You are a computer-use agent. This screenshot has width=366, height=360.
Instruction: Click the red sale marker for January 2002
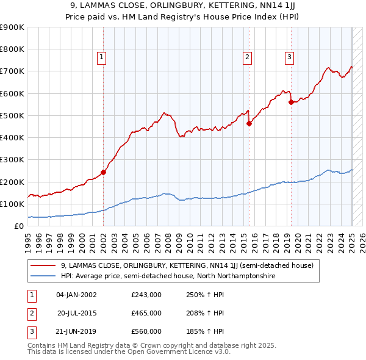[103, 172]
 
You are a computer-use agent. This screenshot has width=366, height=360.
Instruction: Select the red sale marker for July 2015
[249, 123]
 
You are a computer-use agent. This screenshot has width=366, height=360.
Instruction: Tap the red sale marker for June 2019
[291, 103]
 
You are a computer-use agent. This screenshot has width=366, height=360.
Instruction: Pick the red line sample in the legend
[43, 265]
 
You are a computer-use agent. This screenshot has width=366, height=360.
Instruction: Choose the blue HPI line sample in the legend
[43, 276]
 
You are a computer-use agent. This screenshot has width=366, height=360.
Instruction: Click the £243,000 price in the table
[146, 295]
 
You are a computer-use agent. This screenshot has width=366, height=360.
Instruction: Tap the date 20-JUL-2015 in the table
[77, 313]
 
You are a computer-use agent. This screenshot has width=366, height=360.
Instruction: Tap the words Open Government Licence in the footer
[170, 352]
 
